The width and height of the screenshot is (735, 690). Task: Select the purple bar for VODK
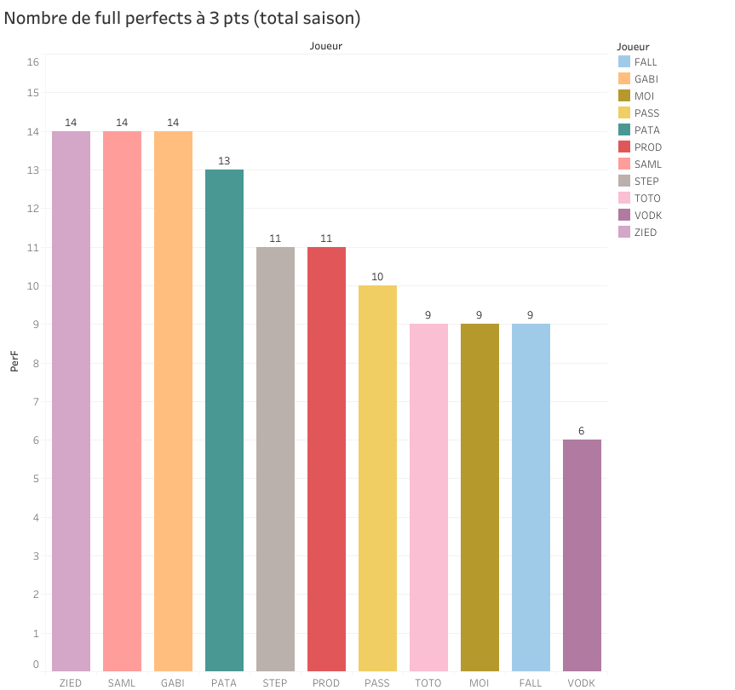(582, 555)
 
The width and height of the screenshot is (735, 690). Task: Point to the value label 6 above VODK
(582, 431)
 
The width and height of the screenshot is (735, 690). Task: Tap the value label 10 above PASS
(377, 278)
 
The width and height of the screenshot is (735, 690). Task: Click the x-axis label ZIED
(71, 682)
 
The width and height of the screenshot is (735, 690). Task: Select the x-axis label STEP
(275, 682)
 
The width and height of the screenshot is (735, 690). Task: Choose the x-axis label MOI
(479, 682)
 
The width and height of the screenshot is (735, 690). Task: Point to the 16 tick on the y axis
(33, 62)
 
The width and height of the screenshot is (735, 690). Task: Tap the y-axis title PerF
(14, 363)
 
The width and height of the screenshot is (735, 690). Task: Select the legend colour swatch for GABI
(624, 79)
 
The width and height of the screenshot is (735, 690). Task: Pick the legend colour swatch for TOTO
(624, 198)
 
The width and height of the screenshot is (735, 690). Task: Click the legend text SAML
(647, 164)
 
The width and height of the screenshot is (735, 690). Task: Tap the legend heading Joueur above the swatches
(633, 47)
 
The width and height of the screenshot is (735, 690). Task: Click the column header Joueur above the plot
(326, 46)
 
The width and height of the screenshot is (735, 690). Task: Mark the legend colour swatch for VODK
(624, 216)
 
